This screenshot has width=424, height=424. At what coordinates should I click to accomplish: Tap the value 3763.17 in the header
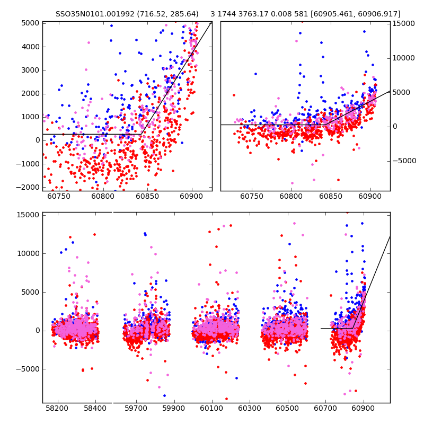[x=255, y=14]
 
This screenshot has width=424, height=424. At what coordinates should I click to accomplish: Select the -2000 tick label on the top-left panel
[x=29, y=187]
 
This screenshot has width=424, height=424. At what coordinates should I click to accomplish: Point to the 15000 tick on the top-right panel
[x=403, y=24]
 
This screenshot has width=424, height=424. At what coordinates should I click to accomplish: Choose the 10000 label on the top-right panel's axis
[x=403, y=58]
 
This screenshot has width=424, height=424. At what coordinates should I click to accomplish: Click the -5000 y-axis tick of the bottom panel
[x=29, y=369]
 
